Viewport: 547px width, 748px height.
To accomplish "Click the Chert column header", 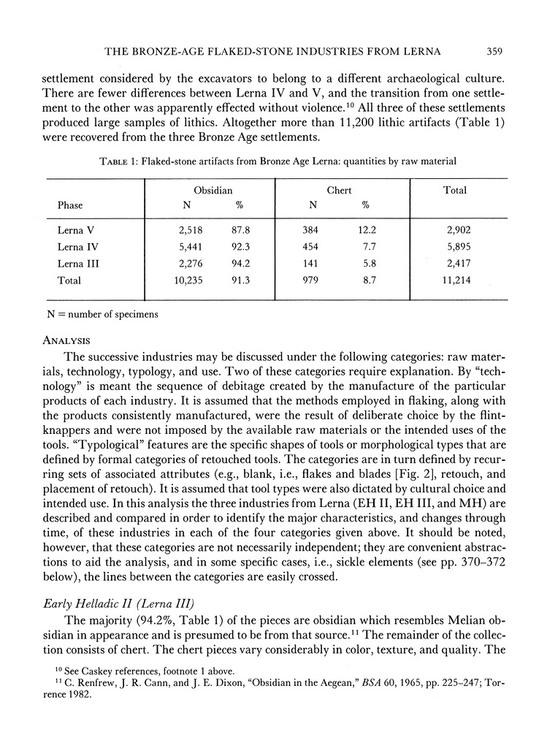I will click(x=338, y=190).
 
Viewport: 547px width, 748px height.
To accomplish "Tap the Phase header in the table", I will click(x=70, y=206).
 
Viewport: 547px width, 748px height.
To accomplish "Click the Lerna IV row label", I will click(x=77, y=248).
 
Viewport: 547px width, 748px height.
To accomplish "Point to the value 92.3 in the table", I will click(x=244, y=248).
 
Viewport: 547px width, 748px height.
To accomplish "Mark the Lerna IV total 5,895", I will click(x=455, y=248).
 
